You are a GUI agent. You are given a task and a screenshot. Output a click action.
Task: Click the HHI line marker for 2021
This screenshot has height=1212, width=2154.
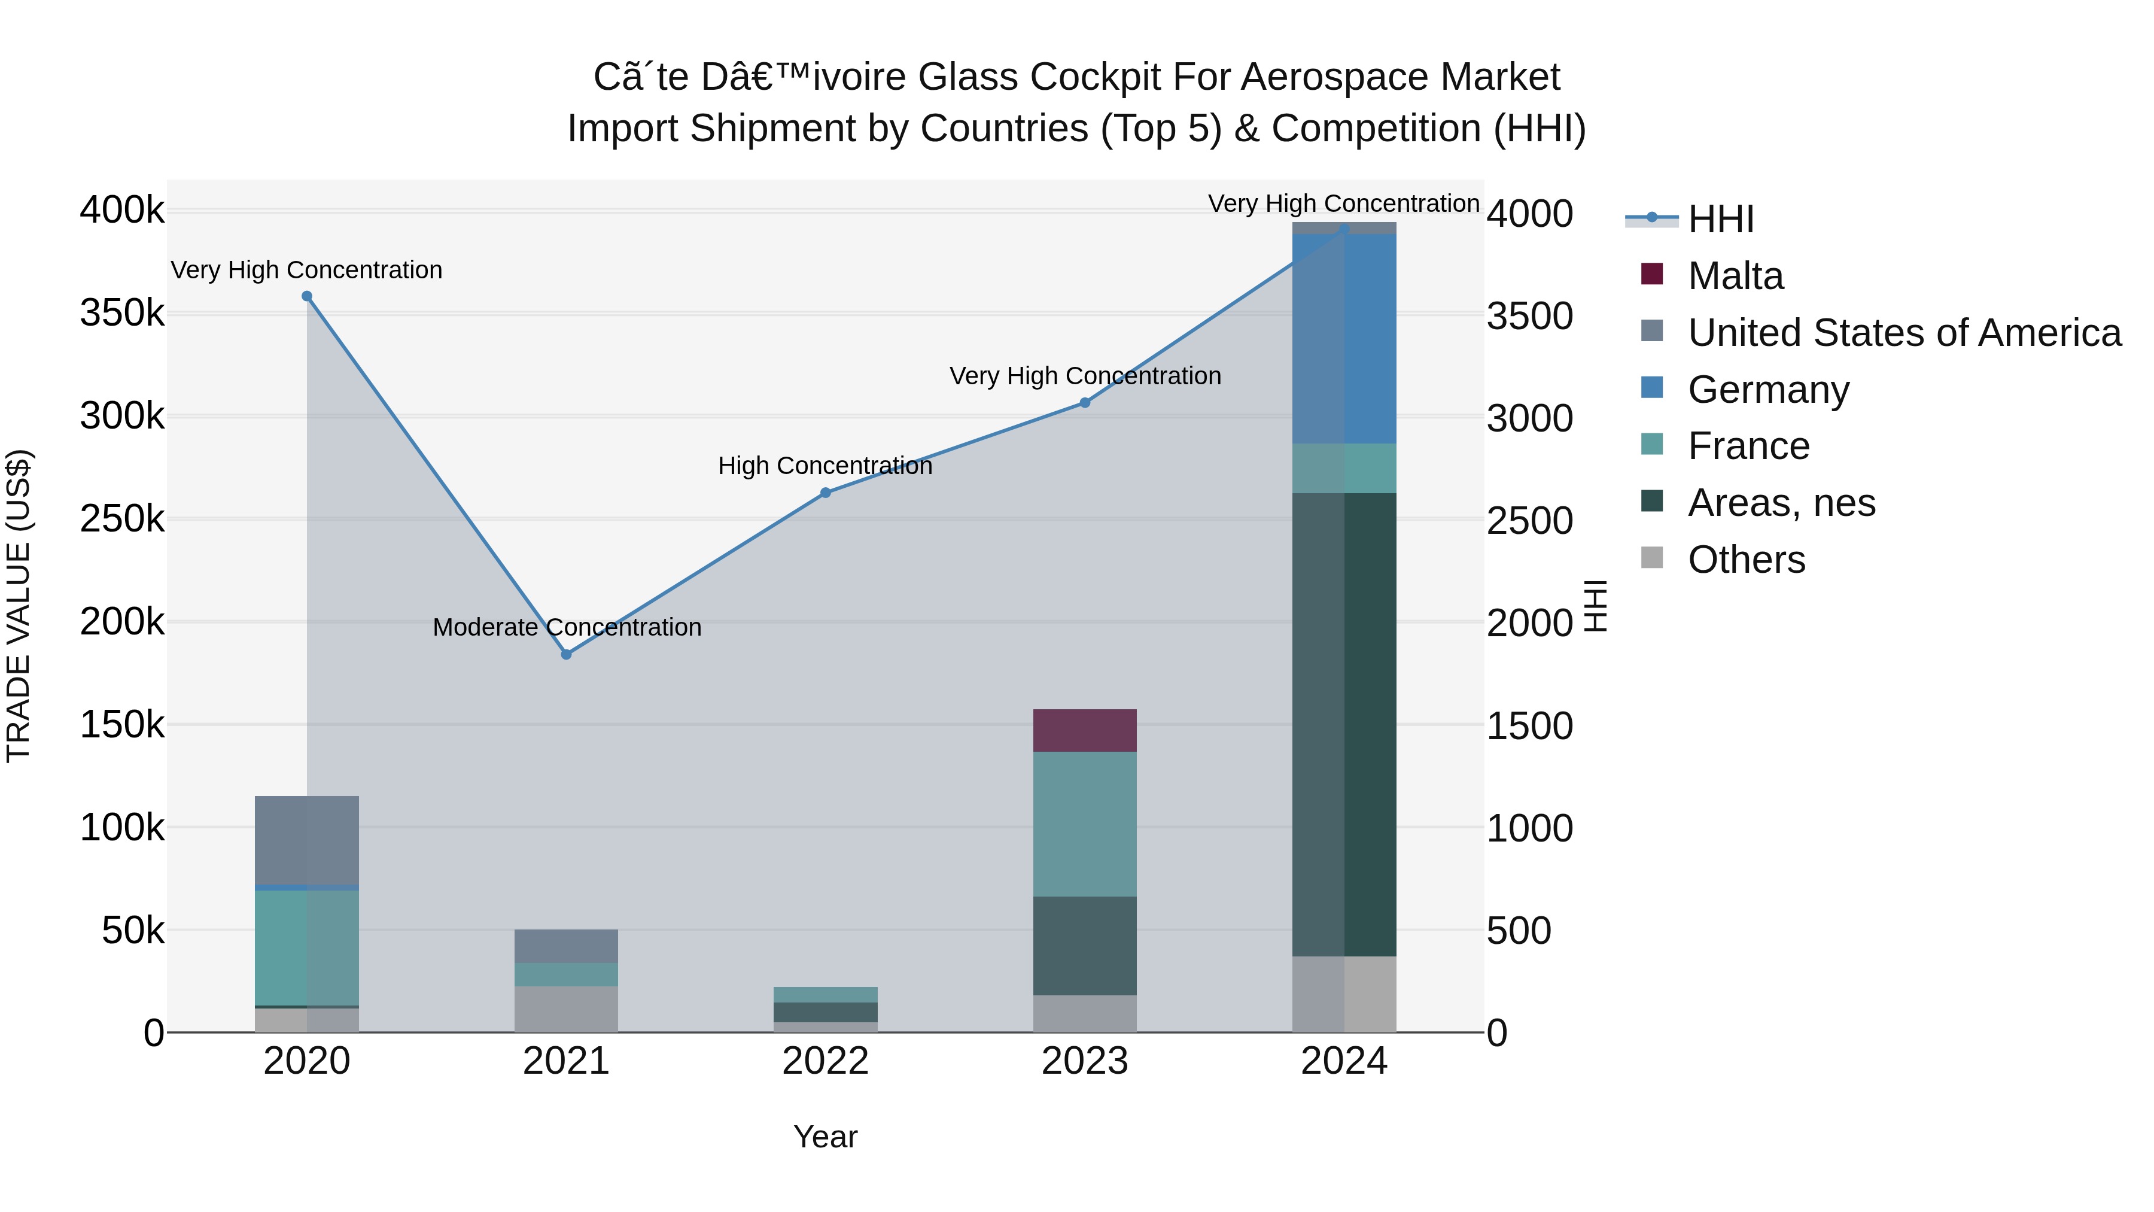[x=566, y=654]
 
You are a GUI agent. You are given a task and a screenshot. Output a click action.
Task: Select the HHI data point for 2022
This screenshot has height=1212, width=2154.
[x=825, y=493]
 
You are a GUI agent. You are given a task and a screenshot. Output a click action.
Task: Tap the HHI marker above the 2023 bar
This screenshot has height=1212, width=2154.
[x=1085, y=402]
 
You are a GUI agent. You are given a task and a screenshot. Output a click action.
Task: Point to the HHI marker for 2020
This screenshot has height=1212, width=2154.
[x=307, y=296]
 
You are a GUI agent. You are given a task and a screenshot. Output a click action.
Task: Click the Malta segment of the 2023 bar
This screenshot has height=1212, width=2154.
[x=1085, y=730]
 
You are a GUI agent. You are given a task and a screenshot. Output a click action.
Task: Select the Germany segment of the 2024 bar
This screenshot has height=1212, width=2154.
[x=1344, y=339]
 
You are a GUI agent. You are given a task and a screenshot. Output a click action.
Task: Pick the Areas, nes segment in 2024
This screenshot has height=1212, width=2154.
[x=1344, y=724]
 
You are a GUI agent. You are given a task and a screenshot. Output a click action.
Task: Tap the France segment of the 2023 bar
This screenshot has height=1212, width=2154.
[x=1085, y=824]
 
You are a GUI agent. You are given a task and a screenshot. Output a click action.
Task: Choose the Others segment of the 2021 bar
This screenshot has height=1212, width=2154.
[x=566, y=1009]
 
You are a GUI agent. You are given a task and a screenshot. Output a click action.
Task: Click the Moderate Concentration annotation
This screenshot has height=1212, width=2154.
[x=567, y=627]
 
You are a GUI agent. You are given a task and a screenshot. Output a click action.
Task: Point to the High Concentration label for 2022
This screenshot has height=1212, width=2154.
[x=825, y=466]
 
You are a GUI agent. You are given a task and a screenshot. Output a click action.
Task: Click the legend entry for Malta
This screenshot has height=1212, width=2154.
[x=1735, y=276]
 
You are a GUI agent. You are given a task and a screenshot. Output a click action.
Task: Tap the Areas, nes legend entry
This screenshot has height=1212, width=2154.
[x=1781, y=503]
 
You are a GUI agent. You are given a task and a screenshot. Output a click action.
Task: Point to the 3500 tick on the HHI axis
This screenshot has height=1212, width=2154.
[x=1529, y=316]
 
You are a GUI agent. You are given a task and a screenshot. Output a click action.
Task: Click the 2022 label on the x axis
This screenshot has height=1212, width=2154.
[x=825, y=1061]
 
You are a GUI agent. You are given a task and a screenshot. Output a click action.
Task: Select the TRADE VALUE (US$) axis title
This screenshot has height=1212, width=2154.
[x=19, y=606]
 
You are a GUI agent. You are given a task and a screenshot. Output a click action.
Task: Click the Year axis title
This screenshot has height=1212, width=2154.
[x=825, y=1137]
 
